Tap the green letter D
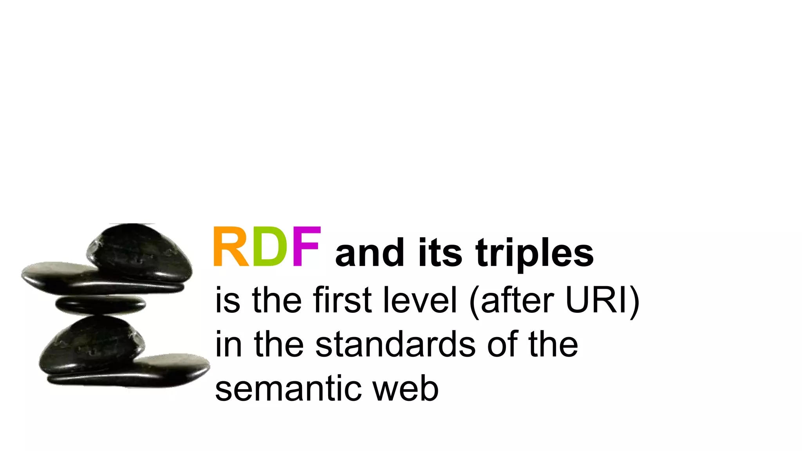(270, 247)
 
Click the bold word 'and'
(369, 253)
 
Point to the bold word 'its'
(440, 253)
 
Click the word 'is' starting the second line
(228, 300)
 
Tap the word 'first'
(342, 300)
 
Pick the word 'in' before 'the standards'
(228, 345)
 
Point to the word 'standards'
(395, 345)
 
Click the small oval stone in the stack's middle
(101, 305)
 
